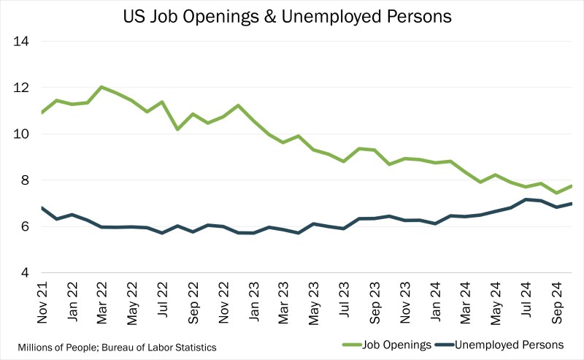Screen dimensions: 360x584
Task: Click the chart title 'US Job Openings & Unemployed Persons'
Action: [292, 15]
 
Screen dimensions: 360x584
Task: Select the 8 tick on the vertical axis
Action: [23, 180]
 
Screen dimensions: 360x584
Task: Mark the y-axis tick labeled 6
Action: [23, 226]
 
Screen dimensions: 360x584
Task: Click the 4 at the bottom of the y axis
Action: [23, 273]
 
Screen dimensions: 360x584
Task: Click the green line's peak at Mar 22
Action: [101, 87]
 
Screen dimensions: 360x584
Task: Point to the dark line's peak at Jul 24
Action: [524, 199]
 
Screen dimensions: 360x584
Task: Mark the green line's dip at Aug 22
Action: [177, 129]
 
